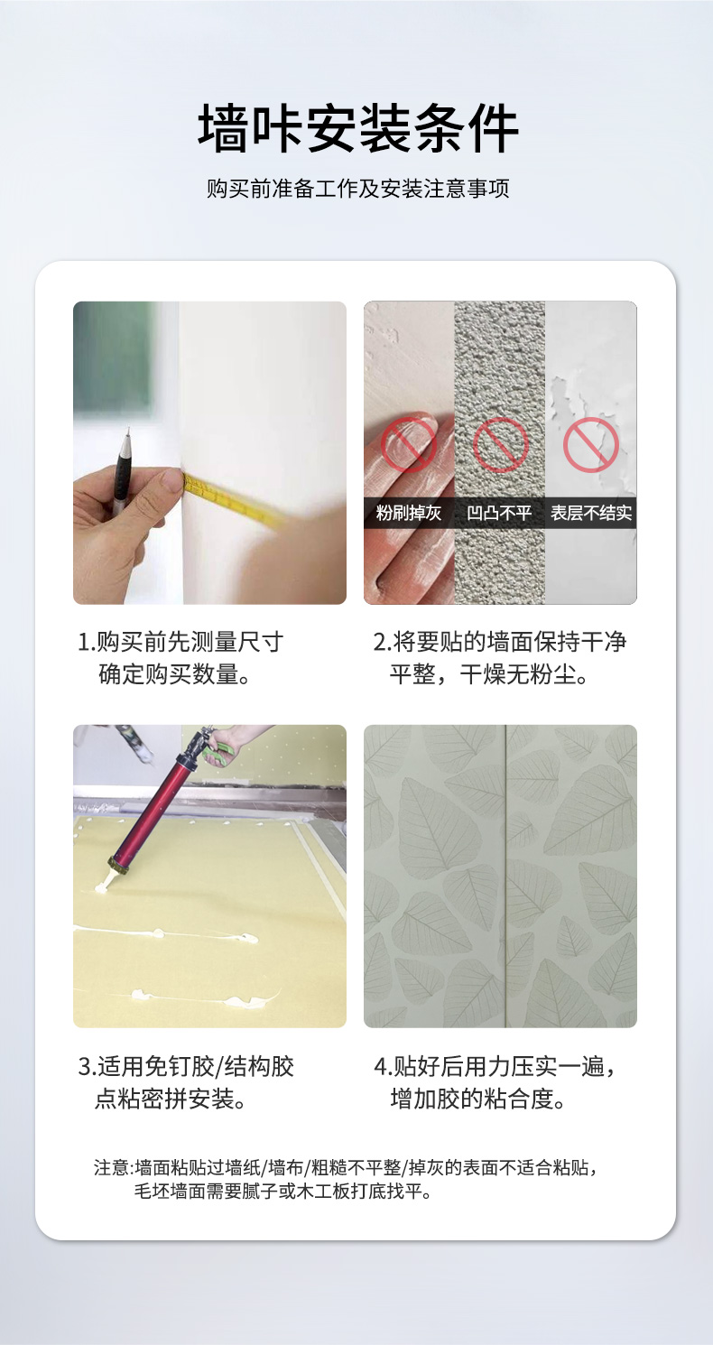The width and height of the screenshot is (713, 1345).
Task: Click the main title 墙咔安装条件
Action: click(357, 128)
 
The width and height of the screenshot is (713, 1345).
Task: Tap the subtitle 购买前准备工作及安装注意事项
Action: click(357, 189)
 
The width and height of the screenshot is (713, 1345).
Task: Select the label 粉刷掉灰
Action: click(409, 513)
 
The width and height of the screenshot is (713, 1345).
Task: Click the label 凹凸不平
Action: click(499, 513)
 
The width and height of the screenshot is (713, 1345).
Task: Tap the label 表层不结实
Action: click(591, 513)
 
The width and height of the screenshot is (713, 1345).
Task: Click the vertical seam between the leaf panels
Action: click(505, 876)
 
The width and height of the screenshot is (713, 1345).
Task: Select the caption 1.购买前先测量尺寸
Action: click(181, 642)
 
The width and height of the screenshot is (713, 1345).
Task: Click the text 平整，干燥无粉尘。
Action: click(489, 675)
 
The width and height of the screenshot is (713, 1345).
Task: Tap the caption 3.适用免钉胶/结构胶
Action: click(186, 1066)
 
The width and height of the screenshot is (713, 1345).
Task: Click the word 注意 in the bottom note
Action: click(112, 1168)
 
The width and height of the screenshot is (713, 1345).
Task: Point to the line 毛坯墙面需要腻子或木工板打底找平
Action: click(282, 1192)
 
